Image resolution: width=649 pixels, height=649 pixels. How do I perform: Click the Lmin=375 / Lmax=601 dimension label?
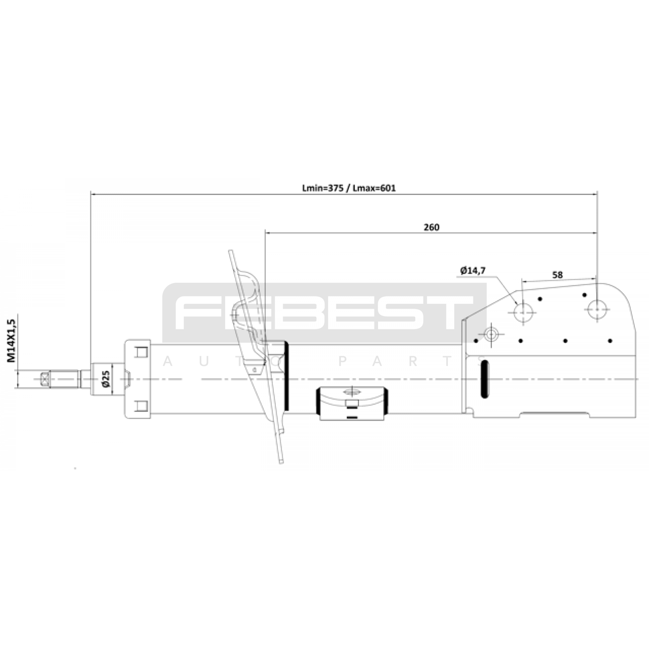pyautogui.click(x=349, y=188)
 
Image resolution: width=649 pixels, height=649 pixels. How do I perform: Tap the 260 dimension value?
pyautogui.click(x=431, y=227)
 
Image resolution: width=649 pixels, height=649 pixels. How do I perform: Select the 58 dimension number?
pyautogui.click(x=558, y=275)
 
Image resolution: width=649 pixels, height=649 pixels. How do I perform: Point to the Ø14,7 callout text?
pyautogui.click(x=473, y=270)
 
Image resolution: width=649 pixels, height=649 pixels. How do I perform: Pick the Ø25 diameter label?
pyautogui.click(x=106, y=378)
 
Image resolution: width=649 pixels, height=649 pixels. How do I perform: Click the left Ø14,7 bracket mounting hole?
pyautogui.click(x=523, y=312)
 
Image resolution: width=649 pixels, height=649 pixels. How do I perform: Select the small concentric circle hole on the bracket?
pyautogui.click(x=491, y=335)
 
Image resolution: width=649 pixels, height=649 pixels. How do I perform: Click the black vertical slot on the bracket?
pyautogui.click(x=484, y=378)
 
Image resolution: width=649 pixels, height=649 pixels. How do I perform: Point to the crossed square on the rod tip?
pyautogui.click(x=45, y=379)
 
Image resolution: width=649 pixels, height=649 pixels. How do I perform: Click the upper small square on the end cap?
pyautogui.click(x=141, y=352)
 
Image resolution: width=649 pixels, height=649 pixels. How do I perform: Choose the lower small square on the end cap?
pyautogui.click(x=141, y=406)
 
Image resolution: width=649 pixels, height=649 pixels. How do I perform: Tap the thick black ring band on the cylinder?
pyautogui.click(x=288, y=376)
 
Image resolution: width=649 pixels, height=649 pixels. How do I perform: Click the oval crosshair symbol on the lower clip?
pyautogui.click(x=352, y=392)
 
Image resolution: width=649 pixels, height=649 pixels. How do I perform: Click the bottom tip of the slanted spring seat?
pyautogui.click(x=282, y=462)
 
